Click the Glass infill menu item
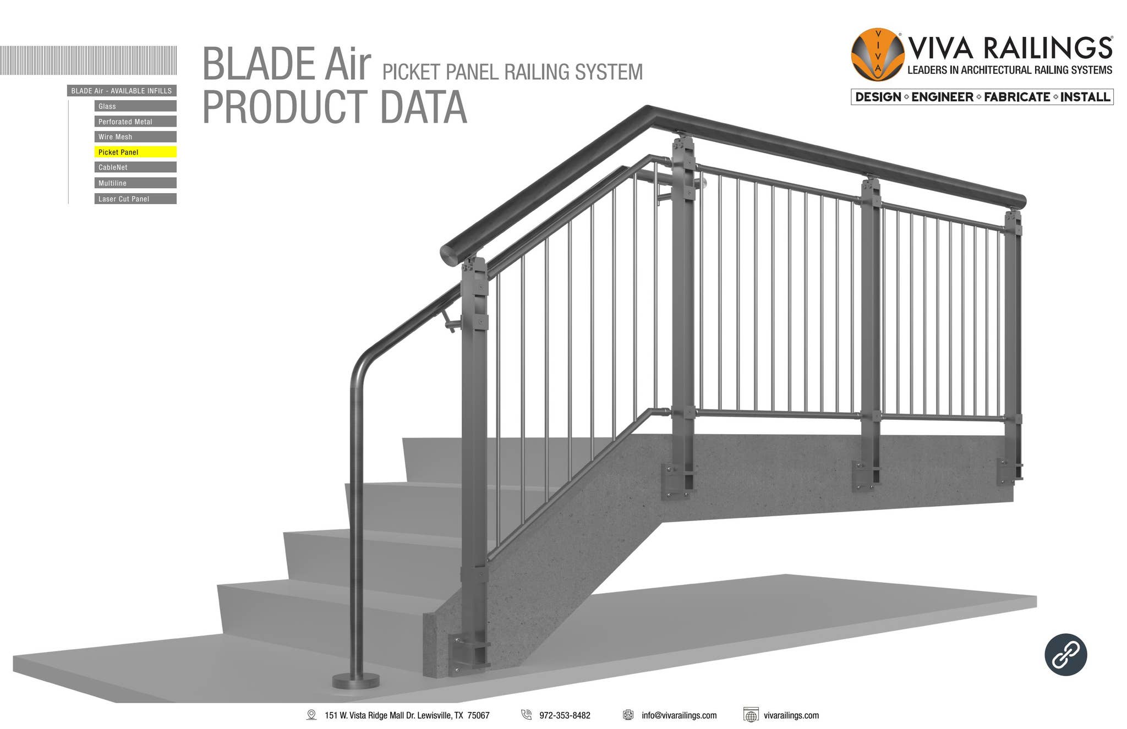(x=135, y=106)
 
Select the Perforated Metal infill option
(x=135, y=122)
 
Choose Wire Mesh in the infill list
(x=135, y=137)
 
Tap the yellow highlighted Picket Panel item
(x=135, y=152)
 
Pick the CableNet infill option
(x=135, y=167)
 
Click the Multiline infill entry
(x=135, y=183)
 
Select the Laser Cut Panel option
(x=135, y=199)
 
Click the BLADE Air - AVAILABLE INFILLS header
(x=122, y=91)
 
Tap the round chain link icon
(x=1065, y=655)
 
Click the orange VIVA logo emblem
(x=877, y=54)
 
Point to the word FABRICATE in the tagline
(x=1017, y=97)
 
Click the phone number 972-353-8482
(x=565, y=715)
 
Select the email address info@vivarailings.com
(x=679, y=715)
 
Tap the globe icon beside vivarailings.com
(x=751, y=715)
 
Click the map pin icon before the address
(x=311, y=715)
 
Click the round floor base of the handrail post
(x=355, y=681)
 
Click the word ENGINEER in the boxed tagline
(x=942, y=97)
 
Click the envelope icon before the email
(x=628, y=715)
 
